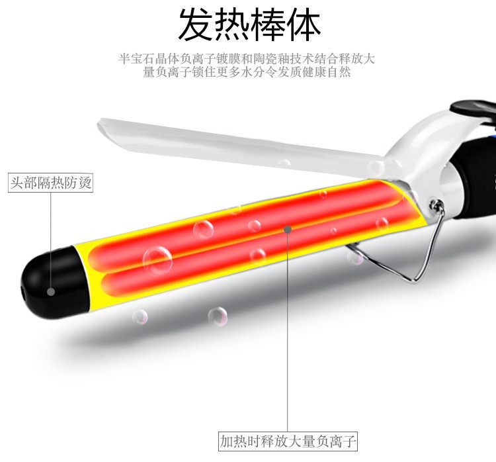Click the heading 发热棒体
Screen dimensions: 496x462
click(249, 24)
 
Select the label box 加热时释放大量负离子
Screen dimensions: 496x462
click(288, 440)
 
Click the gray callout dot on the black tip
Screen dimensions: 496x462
click(50, 291)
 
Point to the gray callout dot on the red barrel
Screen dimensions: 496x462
click(288, 230)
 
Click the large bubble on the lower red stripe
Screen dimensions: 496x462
click(157, 260)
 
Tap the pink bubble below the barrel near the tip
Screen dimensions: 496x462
click(140, 316)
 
